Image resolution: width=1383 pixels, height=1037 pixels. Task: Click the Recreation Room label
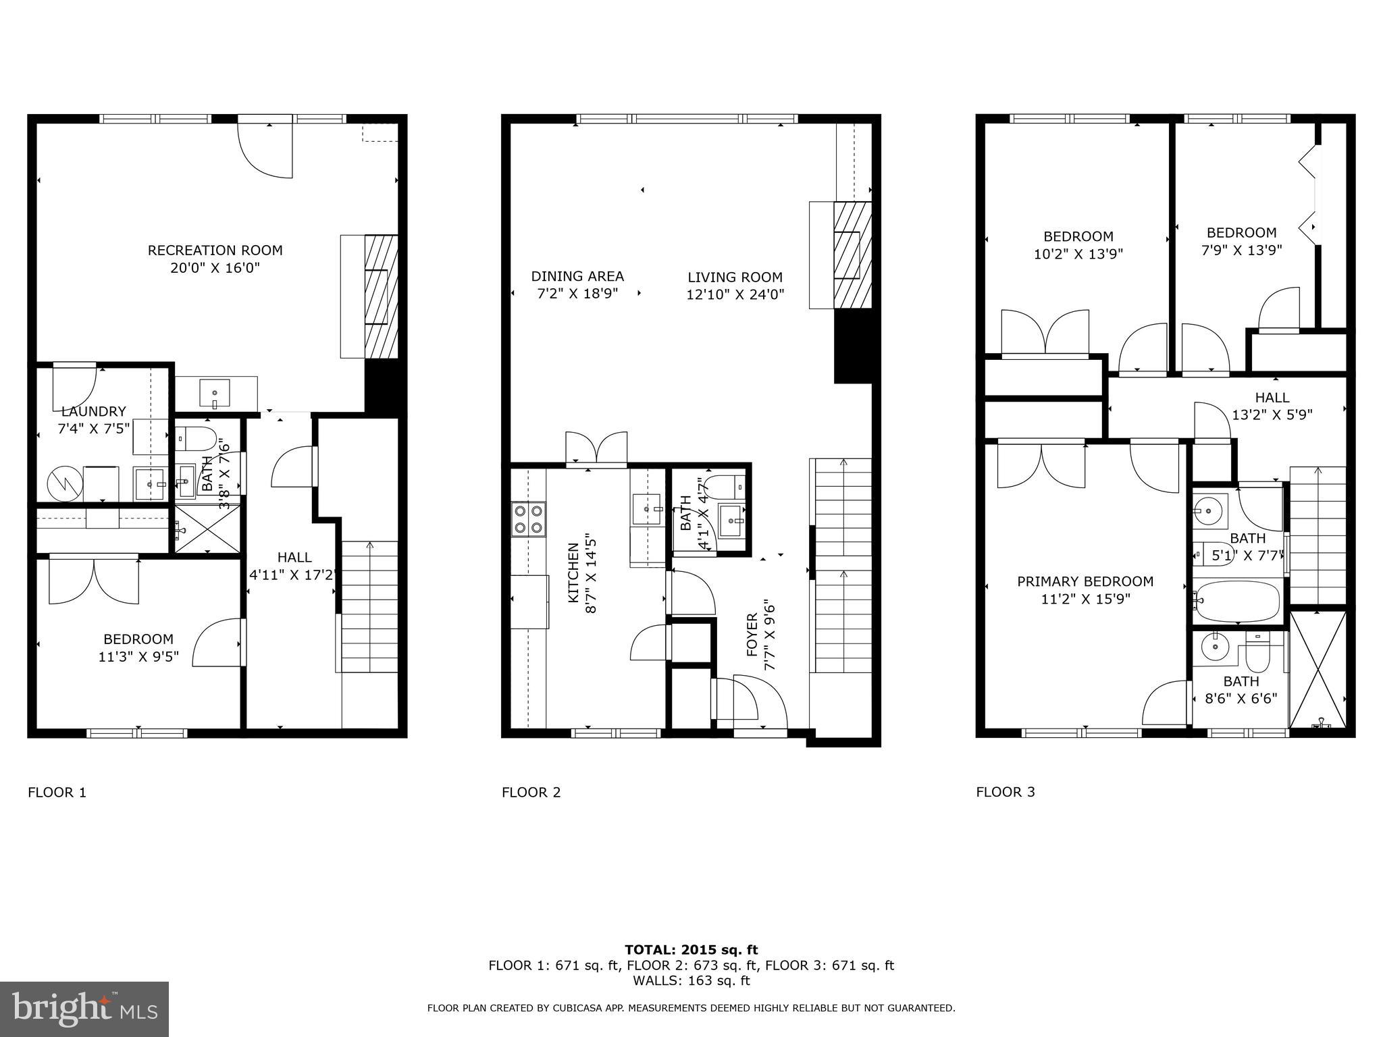(215, 250)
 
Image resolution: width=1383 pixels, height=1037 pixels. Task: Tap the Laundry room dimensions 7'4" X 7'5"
(93, 429)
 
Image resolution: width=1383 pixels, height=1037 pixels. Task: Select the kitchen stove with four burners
(528, 518)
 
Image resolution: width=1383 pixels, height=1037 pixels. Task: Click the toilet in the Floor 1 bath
(196, 437)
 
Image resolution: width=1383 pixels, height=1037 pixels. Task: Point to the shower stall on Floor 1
(207, 530)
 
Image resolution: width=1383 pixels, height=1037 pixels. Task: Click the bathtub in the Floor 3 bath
(1237, 602)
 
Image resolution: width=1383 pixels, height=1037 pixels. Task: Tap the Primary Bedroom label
(1085, 581)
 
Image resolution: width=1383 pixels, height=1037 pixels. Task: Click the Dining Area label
(577, 276)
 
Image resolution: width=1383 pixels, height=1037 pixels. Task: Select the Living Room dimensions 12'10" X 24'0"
(735, 294)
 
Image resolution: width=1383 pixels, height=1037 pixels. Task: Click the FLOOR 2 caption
(531, 792)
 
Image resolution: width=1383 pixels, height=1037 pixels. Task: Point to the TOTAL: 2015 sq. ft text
(691, 950)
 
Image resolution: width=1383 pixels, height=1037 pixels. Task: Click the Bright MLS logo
(84, 1009)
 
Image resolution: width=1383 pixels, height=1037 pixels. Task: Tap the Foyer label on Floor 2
(752, 635)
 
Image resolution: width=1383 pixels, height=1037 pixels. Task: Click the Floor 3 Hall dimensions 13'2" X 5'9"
(1272, 415)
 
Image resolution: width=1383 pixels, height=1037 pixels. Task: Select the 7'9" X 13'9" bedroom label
(1241, 250)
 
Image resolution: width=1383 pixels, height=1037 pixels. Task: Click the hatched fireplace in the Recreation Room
(382, 297)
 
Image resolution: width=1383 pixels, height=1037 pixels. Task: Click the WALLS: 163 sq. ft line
(691, 981)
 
